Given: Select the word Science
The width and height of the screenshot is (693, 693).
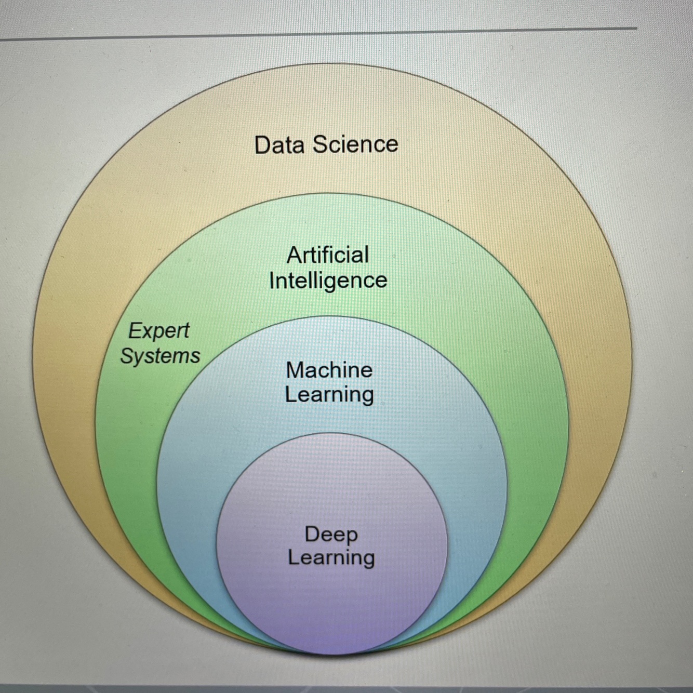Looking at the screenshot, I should (356, 144).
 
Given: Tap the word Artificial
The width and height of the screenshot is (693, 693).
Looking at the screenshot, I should (328, 255).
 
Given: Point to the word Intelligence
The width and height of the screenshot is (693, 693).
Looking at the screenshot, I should (328, 281).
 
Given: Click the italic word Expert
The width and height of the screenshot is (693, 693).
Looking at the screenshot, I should (159, 331).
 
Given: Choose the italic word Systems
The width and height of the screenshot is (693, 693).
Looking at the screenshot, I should (160, 356).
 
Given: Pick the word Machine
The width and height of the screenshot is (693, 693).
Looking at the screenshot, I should (329, 370).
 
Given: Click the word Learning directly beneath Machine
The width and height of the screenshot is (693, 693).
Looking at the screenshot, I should (329, 394).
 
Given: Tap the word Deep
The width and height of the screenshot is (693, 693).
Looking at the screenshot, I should (331, 534).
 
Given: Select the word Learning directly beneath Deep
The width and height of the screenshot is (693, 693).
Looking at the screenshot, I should (331, 558).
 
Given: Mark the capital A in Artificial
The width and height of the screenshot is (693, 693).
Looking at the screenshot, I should (294, 255).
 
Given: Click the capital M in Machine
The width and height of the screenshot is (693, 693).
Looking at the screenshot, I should (295, 370).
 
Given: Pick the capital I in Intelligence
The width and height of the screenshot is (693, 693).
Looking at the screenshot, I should (272, 281).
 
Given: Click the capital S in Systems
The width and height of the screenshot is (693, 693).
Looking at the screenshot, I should (127, 356).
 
